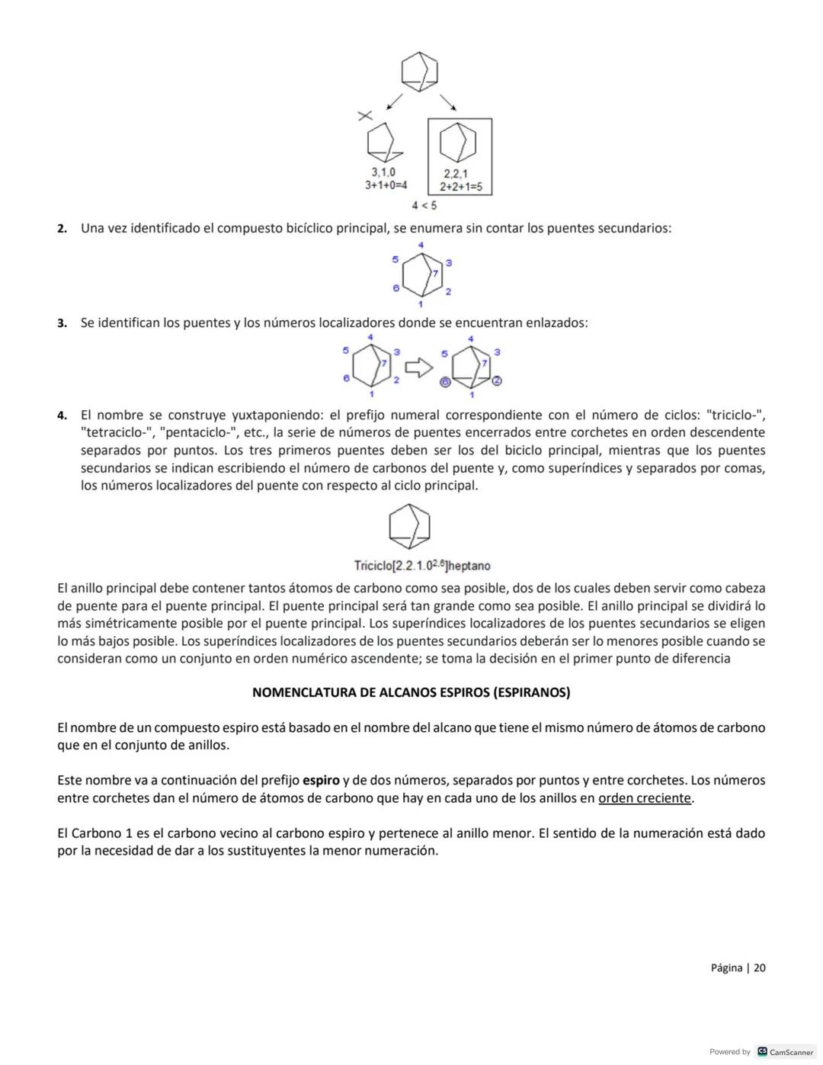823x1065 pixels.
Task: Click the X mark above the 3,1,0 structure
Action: (366, 116)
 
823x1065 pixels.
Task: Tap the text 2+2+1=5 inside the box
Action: (463, 187)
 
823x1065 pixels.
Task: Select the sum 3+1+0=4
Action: (386, 185)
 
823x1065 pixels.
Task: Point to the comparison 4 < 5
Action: (424, 205)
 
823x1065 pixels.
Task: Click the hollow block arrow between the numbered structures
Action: (418, 368)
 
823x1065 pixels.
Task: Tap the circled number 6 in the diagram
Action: (446, 382)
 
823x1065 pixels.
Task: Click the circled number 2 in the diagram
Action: (496, 380)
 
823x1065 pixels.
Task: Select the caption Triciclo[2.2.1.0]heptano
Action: (422, 566)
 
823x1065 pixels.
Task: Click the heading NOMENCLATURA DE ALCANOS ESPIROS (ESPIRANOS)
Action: (411, 692)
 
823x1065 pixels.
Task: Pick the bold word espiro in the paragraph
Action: (321, 780)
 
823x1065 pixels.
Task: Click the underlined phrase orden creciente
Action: (645, 798)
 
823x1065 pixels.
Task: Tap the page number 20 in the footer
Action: (760, 968)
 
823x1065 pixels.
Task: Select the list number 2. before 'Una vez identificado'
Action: (62, 229)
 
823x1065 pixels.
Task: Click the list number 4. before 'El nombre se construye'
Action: (62, 415)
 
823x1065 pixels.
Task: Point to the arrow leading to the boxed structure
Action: (447, 102)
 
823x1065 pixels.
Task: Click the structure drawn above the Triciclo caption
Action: (409, 526)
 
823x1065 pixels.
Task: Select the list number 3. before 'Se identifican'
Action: (62, 323)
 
